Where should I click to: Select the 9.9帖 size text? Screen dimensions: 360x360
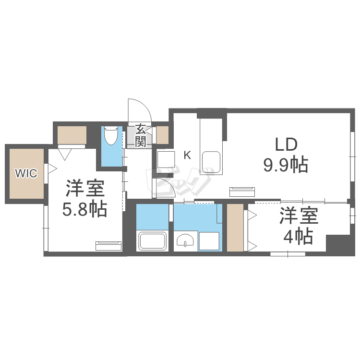(x=285, y=165)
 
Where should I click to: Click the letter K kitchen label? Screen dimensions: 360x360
(x=187, y=155)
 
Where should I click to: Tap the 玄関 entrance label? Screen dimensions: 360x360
(x=140, y=135)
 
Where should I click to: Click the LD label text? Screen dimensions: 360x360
(x=286, y=144)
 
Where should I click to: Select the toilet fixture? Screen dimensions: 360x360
(x=111, y=136)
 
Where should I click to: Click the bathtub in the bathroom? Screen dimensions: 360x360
(x=152, y=240)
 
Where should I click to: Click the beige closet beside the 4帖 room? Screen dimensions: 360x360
(x=235, y=227)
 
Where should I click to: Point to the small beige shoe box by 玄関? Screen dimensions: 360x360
(x=163, y=135)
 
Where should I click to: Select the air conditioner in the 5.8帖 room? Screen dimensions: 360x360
(x=108, y=246)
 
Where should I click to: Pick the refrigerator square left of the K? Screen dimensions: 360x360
(x=166, y=158)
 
